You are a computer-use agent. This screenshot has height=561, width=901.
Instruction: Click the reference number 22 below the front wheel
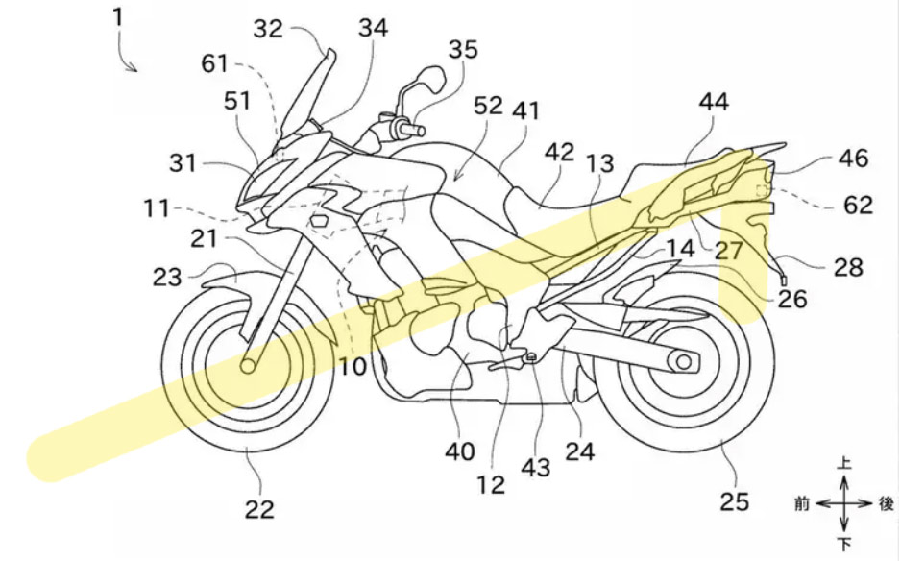coord(258,509)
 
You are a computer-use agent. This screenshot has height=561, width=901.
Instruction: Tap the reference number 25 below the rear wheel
coord(736,501)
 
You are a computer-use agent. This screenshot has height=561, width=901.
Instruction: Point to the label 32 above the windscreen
coord(269,29)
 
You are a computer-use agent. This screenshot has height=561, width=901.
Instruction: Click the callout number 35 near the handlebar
coord(462,50)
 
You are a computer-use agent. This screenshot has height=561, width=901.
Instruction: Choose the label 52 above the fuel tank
coord(488,105)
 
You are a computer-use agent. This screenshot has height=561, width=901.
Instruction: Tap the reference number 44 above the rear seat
coord(714,102)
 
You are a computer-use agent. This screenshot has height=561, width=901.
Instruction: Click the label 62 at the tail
coord(859,204)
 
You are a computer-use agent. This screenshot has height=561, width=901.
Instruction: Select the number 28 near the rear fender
coord(848,266)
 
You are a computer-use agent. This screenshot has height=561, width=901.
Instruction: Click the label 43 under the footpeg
coord(536,468)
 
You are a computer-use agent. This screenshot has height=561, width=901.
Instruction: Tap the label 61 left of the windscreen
coord(215,63)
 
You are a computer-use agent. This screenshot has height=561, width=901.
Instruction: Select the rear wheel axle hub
coord(685,362)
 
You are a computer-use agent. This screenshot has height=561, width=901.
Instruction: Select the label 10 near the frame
coord(351,366)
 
